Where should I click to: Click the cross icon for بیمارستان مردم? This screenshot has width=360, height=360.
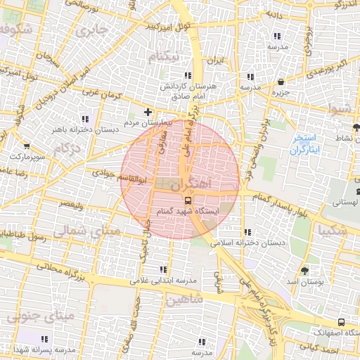[148, 112]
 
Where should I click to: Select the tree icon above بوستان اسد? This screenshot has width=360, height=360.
[304, 271]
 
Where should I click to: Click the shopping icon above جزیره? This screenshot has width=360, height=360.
[281, 82]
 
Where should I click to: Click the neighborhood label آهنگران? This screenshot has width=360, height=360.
[189, 184]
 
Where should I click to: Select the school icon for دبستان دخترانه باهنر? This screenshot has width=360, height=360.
[86, 119]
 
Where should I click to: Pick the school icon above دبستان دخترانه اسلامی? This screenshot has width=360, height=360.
[247, 232]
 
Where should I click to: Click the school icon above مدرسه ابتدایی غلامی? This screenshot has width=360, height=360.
[164, 269]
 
